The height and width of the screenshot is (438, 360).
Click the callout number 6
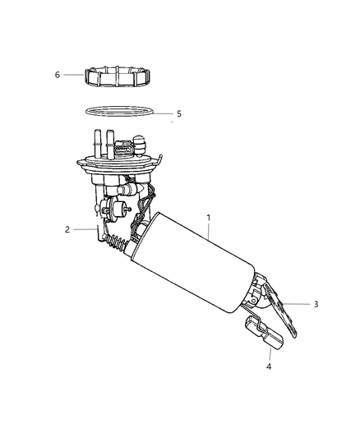[x=58, y=75]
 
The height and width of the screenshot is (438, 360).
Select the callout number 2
[x=67, y=229]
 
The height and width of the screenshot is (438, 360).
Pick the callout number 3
[x=315, y=304]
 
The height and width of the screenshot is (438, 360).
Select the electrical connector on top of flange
[x=123, y=151]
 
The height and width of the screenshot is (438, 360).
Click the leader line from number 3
[x=302, y=305]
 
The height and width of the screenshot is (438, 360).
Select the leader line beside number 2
[x=84, y=229]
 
